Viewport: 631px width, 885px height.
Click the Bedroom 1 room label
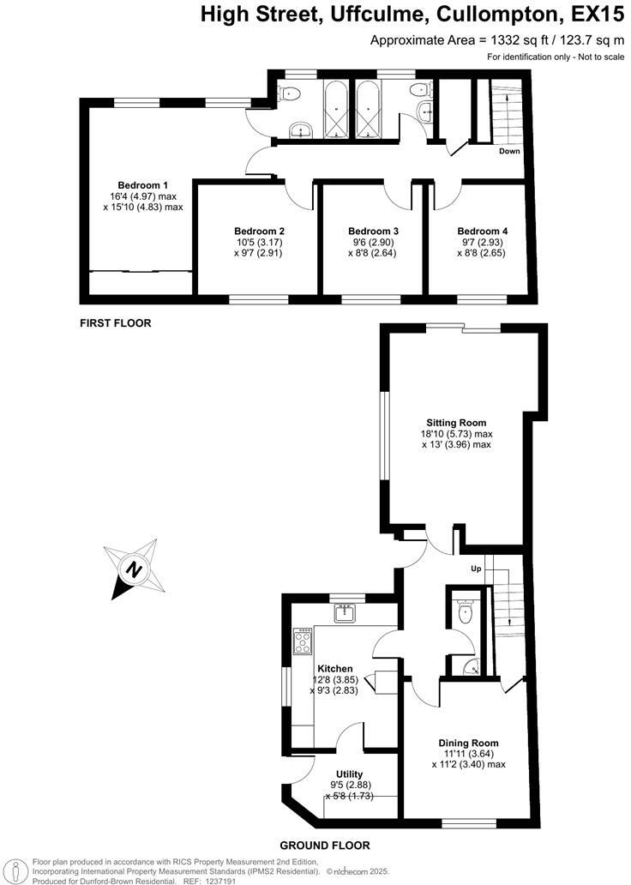[x=142, y=184]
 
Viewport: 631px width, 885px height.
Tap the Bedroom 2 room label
[x=259, y=231]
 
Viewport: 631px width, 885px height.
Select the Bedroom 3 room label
[x=373, y=231]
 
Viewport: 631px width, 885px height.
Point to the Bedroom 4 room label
[x=482, y=231]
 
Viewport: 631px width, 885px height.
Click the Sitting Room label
[x=456, y=422]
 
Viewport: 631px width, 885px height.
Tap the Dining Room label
[x=468, y=743]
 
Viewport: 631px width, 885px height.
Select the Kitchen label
[x=334, y=668]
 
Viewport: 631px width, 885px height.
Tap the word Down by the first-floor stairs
[x=509, y=151]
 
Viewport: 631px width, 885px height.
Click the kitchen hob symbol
[x=303, y=641]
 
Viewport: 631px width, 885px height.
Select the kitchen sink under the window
[x=347, y=613]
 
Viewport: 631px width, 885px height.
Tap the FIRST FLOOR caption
[x=115, y=323]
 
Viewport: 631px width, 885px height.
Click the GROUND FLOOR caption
[x=328, y=845]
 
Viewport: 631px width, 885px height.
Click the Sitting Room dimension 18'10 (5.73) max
[x=456, y=434]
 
